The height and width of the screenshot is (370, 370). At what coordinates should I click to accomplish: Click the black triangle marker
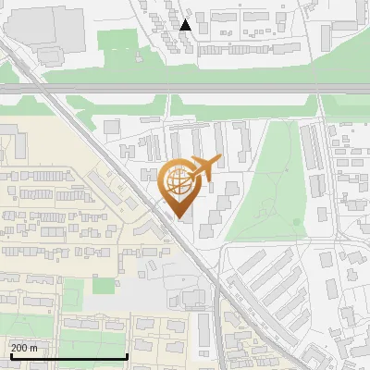tap(185, 25)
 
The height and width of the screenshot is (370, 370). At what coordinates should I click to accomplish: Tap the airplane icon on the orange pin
tap(203, 168)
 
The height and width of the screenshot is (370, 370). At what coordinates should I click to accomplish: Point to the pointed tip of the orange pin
tap(179, 217)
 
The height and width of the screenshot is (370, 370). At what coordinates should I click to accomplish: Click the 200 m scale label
tap(25, 348)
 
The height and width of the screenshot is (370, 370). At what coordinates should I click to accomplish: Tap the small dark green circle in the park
tap(297, 222)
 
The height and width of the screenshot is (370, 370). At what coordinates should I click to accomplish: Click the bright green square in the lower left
tap(104, 286)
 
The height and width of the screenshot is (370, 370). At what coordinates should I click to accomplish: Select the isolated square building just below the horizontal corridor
tap(112, 127)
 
